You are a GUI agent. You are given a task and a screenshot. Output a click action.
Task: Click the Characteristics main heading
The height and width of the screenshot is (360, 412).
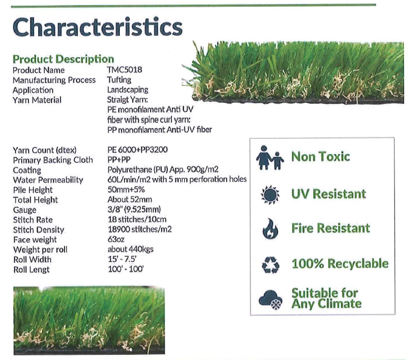98,27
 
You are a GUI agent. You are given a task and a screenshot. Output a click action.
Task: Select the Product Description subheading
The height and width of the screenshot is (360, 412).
64,59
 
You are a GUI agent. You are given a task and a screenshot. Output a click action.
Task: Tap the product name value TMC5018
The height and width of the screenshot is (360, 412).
124,70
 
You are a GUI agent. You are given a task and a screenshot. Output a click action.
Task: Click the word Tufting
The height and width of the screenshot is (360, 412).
119,80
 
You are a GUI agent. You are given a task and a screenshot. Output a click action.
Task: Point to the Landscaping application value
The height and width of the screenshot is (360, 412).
128,90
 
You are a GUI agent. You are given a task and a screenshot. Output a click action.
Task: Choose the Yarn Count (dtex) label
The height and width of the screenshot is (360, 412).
45,151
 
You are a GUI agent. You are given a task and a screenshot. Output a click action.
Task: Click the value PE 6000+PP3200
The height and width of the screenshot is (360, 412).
137,150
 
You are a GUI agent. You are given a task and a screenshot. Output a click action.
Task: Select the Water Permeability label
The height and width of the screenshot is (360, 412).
48,180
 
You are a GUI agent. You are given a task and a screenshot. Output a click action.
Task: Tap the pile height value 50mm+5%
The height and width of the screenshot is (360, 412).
126,189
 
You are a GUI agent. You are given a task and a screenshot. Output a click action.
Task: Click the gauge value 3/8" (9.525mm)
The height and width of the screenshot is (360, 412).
134,209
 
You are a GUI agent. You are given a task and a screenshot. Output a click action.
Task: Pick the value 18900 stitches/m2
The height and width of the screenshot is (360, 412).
140,230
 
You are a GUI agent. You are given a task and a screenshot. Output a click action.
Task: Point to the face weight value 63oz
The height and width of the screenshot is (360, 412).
116,239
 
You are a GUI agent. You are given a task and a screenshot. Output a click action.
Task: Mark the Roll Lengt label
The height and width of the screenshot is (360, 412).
31,270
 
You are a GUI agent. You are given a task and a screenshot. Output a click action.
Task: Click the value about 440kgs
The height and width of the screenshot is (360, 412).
131,249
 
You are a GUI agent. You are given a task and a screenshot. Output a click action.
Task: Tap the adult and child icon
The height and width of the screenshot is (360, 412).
270,157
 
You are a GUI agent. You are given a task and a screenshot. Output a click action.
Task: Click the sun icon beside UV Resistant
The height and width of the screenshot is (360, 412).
270,195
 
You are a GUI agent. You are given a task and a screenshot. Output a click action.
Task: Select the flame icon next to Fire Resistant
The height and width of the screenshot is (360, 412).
271,228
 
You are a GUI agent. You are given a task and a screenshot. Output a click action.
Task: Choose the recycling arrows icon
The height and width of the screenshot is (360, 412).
271,265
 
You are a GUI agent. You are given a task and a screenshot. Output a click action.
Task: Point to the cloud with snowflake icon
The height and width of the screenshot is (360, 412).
271,300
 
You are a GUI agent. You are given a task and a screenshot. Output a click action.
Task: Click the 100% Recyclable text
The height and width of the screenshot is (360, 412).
340,264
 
